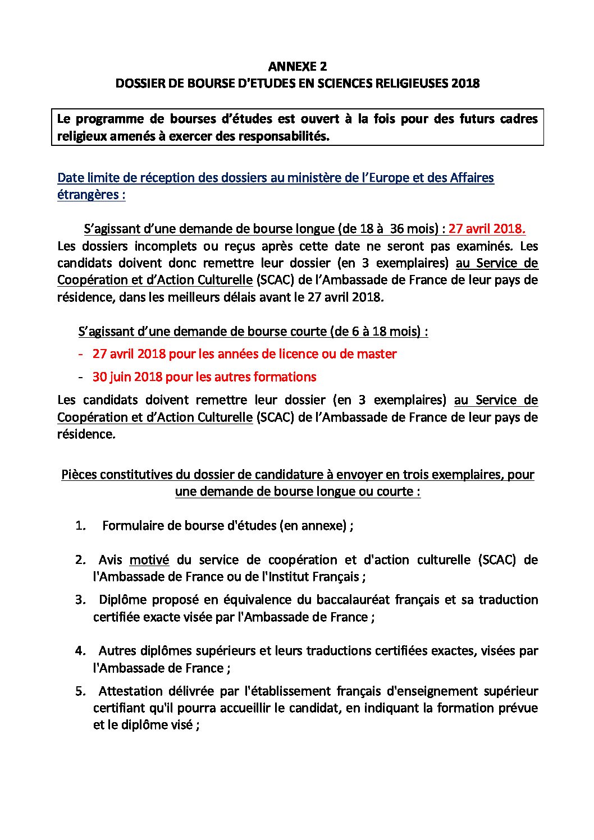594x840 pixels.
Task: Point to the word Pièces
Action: pos(78,475)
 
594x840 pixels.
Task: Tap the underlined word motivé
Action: pos(149,560)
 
